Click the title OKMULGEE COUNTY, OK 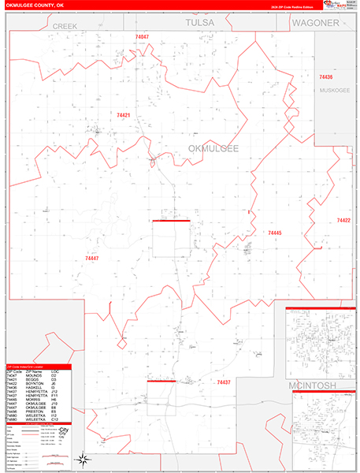36,6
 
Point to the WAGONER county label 314,24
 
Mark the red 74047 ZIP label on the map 142,37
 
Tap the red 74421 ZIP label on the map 124,115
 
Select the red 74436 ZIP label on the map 325,77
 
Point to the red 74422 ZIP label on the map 343,221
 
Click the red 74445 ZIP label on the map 274,233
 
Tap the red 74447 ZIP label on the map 92,258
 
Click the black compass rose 80,459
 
